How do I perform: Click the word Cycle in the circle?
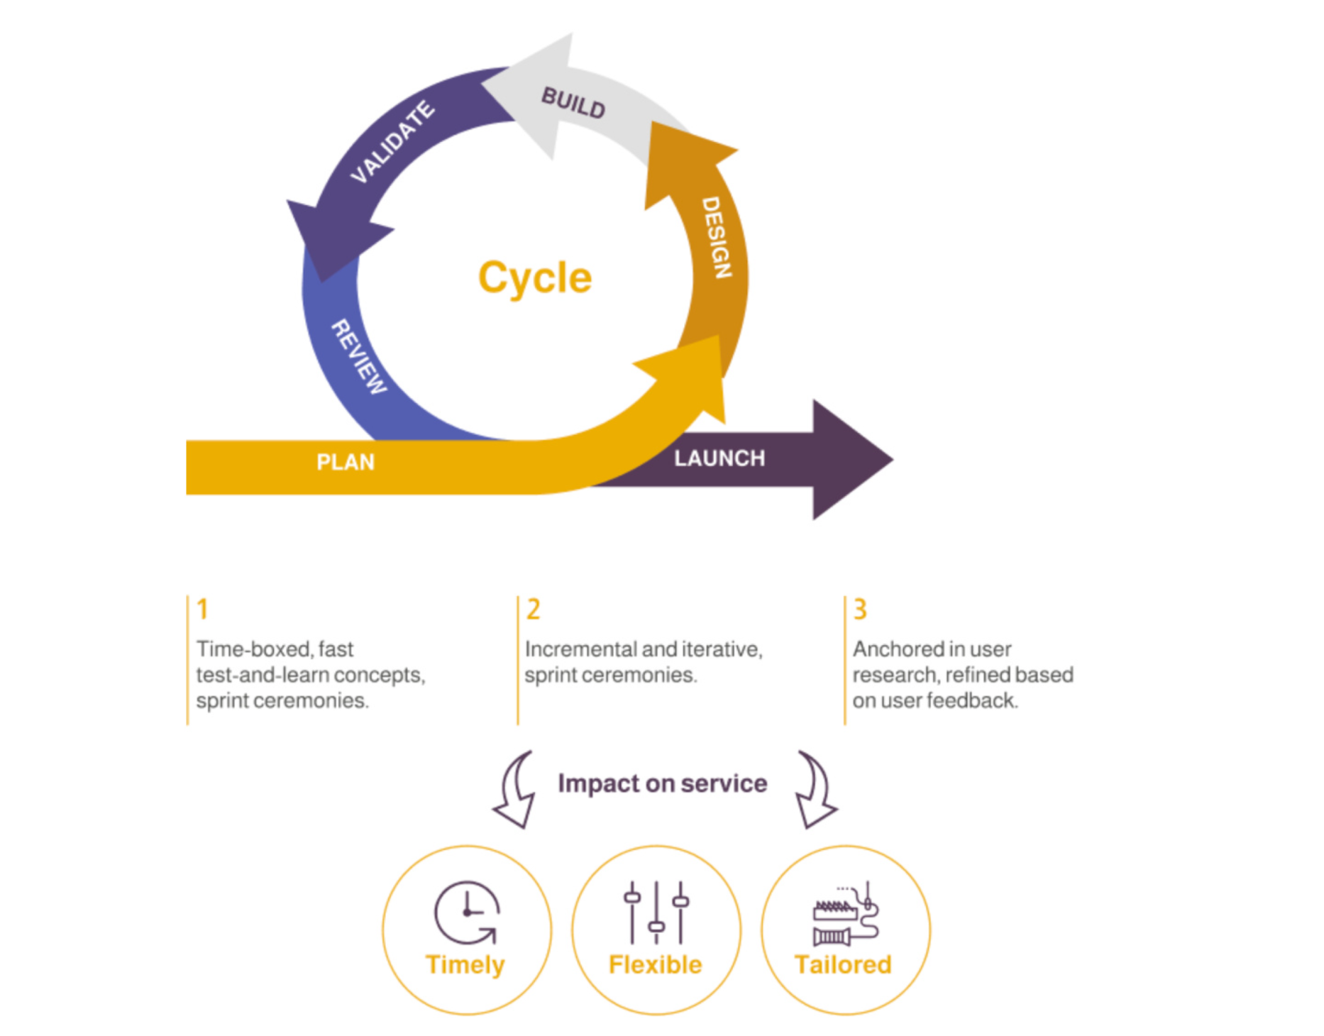(535, 277)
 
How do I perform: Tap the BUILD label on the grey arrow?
(573, 104)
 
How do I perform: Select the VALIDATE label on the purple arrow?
(392, 142)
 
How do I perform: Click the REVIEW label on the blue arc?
(359, 356)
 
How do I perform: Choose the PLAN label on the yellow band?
(346, 463)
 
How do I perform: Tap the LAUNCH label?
(719, 458)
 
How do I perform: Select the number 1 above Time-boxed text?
(202, 610)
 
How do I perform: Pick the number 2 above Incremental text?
(533, 610)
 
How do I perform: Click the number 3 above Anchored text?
(860, 610)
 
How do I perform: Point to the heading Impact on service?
(662, 783)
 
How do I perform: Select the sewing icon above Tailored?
(845, 915)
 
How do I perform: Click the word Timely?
(465, 965)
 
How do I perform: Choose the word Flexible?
(656, 965)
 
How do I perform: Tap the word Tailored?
(844, 965)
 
